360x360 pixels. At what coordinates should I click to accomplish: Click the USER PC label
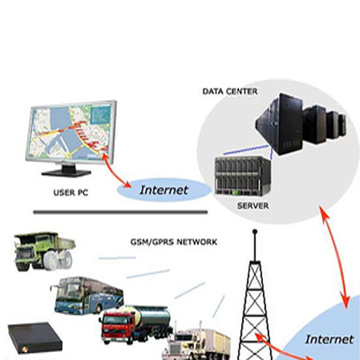click(71, 193)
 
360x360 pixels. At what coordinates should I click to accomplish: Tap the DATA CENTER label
click(230, 91)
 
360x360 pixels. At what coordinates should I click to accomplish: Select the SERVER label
click(253, 206)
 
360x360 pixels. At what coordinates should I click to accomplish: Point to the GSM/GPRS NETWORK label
click(174, 242)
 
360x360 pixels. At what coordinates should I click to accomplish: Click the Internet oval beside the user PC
click(164, 190)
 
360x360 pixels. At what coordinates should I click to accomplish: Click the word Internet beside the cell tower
click(329, 339)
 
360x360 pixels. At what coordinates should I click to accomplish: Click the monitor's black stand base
click(67, 172)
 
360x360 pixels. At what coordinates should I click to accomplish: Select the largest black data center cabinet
click(280, 124)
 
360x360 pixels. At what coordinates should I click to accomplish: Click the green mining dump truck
click(44, 251)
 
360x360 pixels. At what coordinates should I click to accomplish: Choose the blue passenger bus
click(87, 295)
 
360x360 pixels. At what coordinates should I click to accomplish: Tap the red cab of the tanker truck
click(118, 328)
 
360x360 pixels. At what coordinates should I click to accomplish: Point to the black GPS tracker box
click(35, 337)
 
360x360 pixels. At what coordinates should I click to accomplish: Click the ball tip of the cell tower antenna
click(255, 231)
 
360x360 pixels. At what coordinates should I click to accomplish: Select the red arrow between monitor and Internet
click(114, 169)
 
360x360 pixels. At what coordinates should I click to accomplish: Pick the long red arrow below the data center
click(336, 257)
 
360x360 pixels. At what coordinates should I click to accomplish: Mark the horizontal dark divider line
click(121, 212)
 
